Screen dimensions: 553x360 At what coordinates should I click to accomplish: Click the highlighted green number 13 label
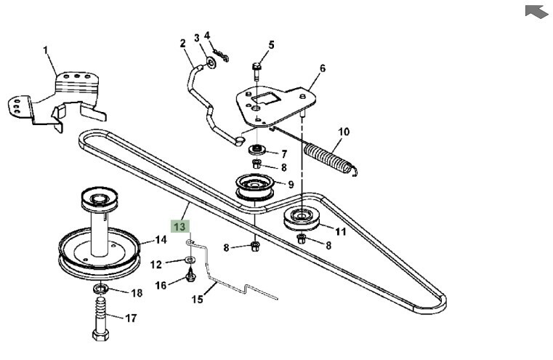click(x=180, y=227)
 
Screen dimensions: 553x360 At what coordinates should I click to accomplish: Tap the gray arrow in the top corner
click(x=537, y=11)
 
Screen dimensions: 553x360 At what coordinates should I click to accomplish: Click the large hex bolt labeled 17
click(x=101, y=318)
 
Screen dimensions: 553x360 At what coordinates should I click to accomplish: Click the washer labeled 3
click(x=211, y=63)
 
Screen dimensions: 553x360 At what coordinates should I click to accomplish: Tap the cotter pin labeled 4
click(x=221, y=55)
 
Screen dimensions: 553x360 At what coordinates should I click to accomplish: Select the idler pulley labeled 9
click(x=254, y=187)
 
